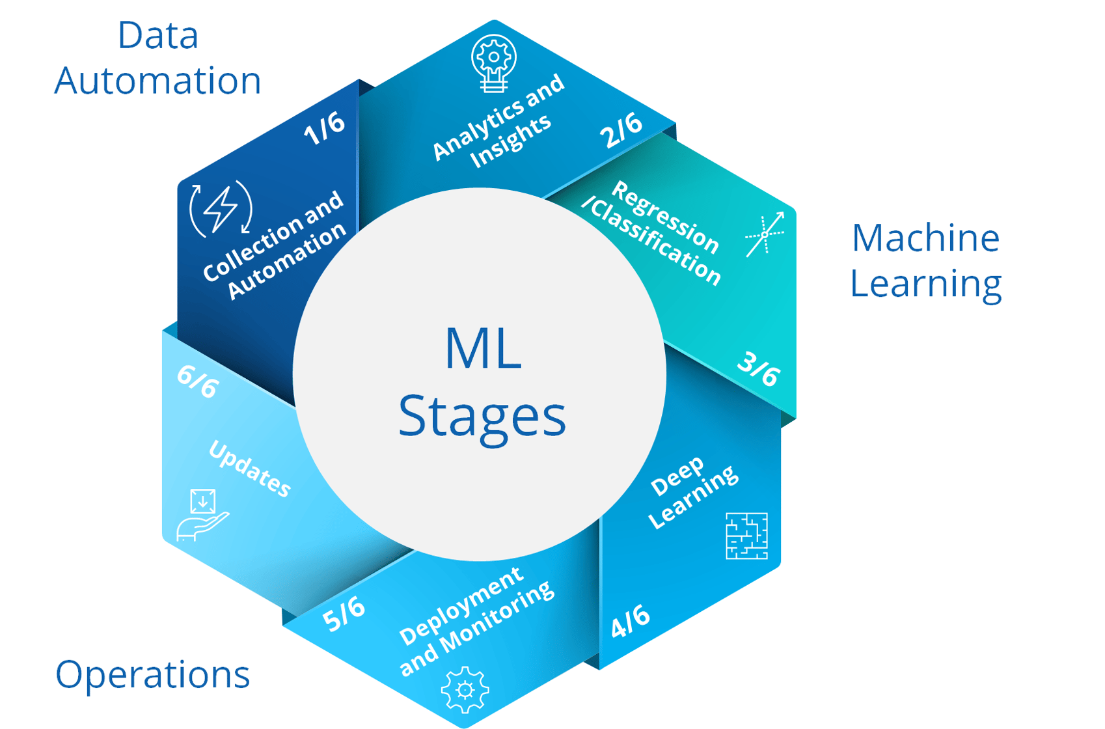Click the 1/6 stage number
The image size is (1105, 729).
[324, 128]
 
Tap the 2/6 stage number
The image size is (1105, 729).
[621, 130]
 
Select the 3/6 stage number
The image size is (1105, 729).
[759, 369]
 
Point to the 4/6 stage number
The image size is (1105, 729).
[630, 621]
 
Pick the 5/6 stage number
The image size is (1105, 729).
[344, 614]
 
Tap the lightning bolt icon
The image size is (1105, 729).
[221, 209]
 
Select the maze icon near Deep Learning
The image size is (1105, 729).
[746, 536]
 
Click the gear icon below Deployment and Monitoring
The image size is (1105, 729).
[465, 689]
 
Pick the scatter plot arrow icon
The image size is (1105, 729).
[765, 234]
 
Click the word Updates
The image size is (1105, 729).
[249, 469]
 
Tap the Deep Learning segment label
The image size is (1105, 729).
[693, 491]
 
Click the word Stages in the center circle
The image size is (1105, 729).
[482, 417]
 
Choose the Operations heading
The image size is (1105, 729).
[153, 674]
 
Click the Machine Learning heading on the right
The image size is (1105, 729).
[925, 260]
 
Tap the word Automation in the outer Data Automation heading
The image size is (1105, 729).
[157, 81]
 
